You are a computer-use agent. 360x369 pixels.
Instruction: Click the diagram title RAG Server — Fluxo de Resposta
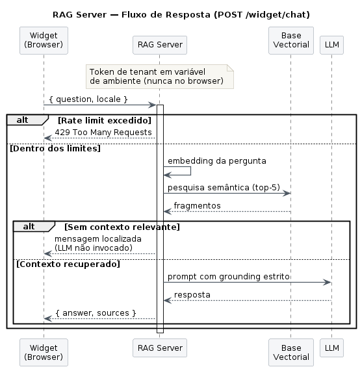coord(181,15)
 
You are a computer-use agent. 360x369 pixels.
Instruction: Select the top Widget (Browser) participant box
coord(44,40)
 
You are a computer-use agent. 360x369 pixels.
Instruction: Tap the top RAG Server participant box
coord(160,45)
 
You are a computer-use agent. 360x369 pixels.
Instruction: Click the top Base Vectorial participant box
coord(291,40)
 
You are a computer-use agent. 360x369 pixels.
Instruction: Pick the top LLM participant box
coord(332,45)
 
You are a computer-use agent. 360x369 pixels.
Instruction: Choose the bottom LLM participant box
coord(332,348)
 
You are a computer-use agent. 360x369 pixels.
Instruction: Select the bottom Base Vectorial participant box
coord(291,353)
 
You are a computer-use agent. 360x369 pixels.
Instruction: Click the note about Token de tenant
coord(160,77)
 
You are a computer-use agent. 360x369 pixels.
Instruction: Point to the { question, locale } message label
coord(88,99)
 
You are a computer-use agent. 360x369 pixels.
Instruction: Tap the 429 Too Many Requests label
coord(103,133)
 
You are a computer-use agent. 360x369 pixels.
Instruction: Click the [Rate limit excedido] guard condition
coord(105,120)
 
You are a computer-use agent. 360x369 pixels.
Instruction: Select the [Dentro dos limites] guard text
coord(55,149)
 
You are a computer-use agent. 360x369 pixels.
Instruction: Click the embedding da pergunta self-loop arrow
coord(190,171)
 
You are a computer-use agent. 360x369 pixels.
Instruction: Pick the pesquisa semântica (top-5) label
coord(224,188)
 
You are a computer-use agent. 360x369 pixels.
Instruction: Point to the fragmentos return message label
coord(198,206)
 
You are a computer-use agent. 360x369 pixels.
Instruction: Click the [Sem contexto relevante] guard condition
coord(122,227)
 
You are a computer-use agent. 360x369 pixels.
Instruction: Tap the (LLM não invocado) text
coord(94,248)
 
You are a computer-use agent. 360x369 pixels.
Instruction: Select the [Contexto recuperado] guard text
coord(68,264)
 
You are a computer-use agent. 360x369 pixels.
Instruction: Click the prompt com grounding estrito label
coord(229,277)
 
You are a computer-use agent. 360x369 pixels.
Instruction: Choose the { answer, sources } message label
coord(96,313)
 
